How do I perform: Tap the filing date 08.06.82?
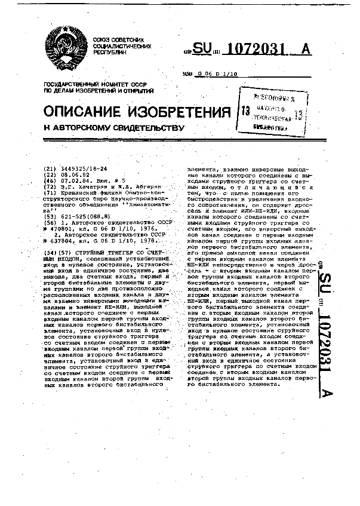71,174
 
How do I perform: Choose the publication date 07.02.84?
71,179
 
